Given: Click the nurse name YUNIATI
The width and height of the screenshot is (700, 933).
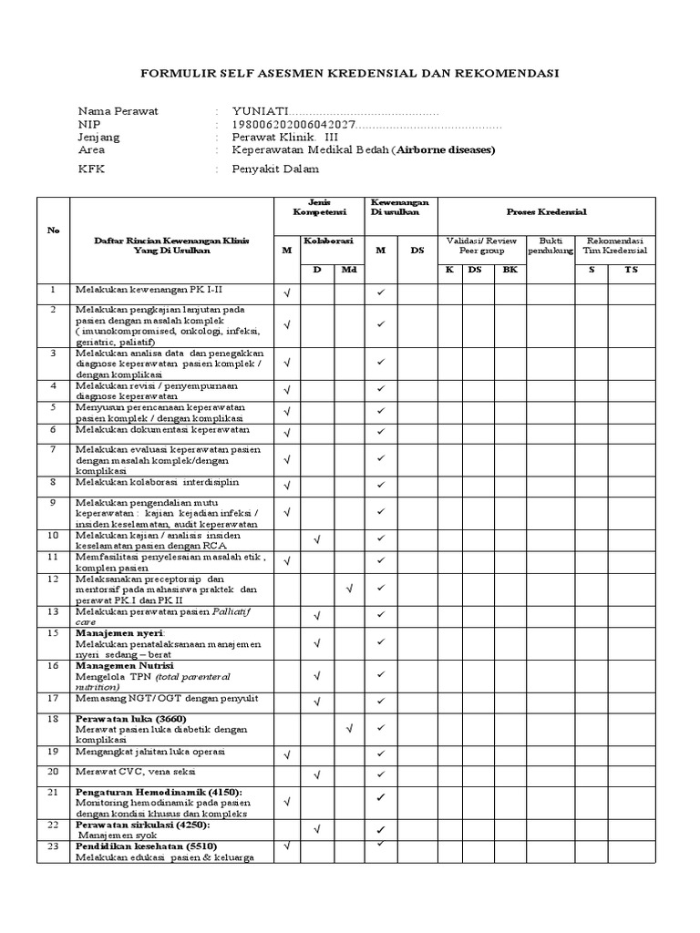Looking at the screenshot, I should tap(261, 111).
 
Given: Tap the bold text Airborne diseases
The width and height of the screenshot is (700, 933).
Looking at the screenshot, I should tap(445, 149).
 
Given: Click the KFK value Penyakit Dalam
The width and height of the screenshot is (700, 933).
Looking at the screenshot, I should tap(275, 169).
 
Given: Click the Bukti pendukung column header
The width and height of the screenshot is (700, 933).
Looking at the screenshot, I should tap(551, 245).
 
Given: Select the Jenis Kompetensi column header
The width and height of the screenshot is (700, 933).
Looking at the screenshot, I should tap(317, 206).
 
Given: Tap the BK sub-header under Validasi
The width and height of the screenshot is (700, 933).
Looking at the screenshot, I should tap(510, 270).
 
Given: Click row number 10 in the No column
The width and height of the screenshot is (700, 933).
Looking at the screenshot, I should tap(53, 536).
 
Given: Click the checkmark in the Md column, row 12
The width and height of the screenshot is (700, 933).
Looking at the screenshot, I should tap(349, 589).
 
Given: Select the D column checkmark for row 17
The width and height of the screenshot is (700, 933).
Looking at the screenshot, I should tap(317, 701).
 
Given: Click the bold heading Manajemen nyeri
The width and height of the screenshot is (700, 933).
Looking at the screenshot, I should tap(119, 632).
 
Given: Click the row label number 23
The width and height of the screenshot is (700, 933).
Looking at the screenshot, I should tap(53, 846).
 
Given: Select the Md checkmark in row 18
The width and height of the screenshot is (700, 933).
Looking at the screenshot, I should tap(349, 728).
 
